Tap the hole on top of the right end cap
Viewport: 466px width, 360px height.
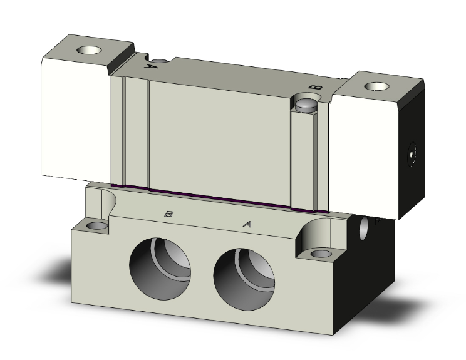click(378, 86)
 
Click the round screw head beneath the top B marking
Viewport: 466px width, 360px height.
click(307, 103)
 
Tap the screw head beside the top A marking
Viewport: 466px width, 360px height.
click(161, 61)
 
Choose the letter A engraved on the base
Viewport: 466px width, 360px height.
click(247, 222)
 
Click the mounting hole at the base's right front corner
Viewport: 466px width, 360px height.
click(321, 254)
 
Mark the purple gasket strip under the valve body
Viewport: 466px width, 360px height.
click(219, 196)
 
